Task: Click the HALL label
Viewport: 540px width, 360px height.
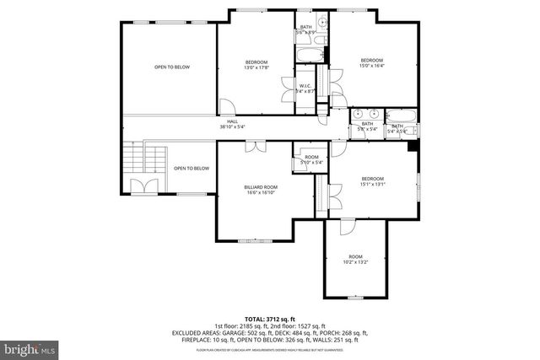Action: coord(232,121)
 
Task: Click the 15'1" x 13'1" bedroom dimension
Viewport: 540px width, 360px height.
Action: coord(372,185)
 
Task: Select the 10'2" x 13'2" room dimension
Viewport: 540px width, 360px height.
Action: coord(355,262)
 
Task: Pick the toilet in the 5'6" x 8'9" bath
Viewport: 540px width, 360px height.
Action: coord(322,23)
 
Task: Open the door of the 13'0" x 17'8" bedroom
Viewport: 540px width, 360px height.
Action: coord(225,105)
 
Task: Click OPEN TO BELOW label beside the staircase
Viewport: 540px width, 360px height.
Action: coord(192,169)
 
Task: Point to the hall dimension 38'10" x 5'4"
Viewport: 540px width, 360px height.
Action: coord(232,127)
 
